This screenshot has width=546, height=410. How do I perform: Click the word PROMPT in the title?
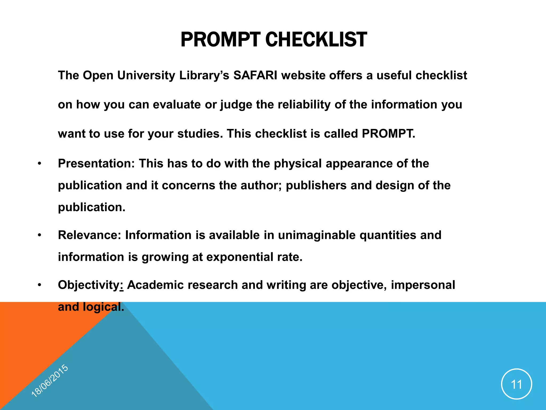(220, 40)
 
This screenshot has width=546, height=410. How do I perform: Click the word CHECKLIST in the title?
(316, 40)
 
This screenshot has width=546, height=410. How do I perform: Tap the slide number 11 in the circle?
(516, 384)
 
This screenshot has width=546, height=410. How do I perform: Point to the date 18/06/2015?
(50, 381)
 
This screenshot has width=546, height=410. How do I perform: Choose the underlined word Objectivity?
(91, 285)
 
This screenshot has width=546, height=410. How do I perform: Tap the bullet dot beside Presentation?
(39, 164)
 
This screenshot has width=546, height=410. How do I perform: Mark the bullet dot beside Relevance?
(39, 235)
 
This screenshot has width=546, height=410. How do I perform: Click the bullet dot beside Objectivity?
(39, 285)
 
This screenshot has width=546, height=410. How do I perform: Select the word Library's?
(204, 75)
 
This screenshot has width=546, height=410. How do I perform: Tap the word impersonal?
(423, 285)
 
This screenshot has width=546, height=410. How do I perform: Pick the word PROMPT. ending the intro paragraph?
(388, 133)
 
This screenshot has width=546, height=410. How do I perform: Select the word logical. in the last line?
(103, 307)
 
